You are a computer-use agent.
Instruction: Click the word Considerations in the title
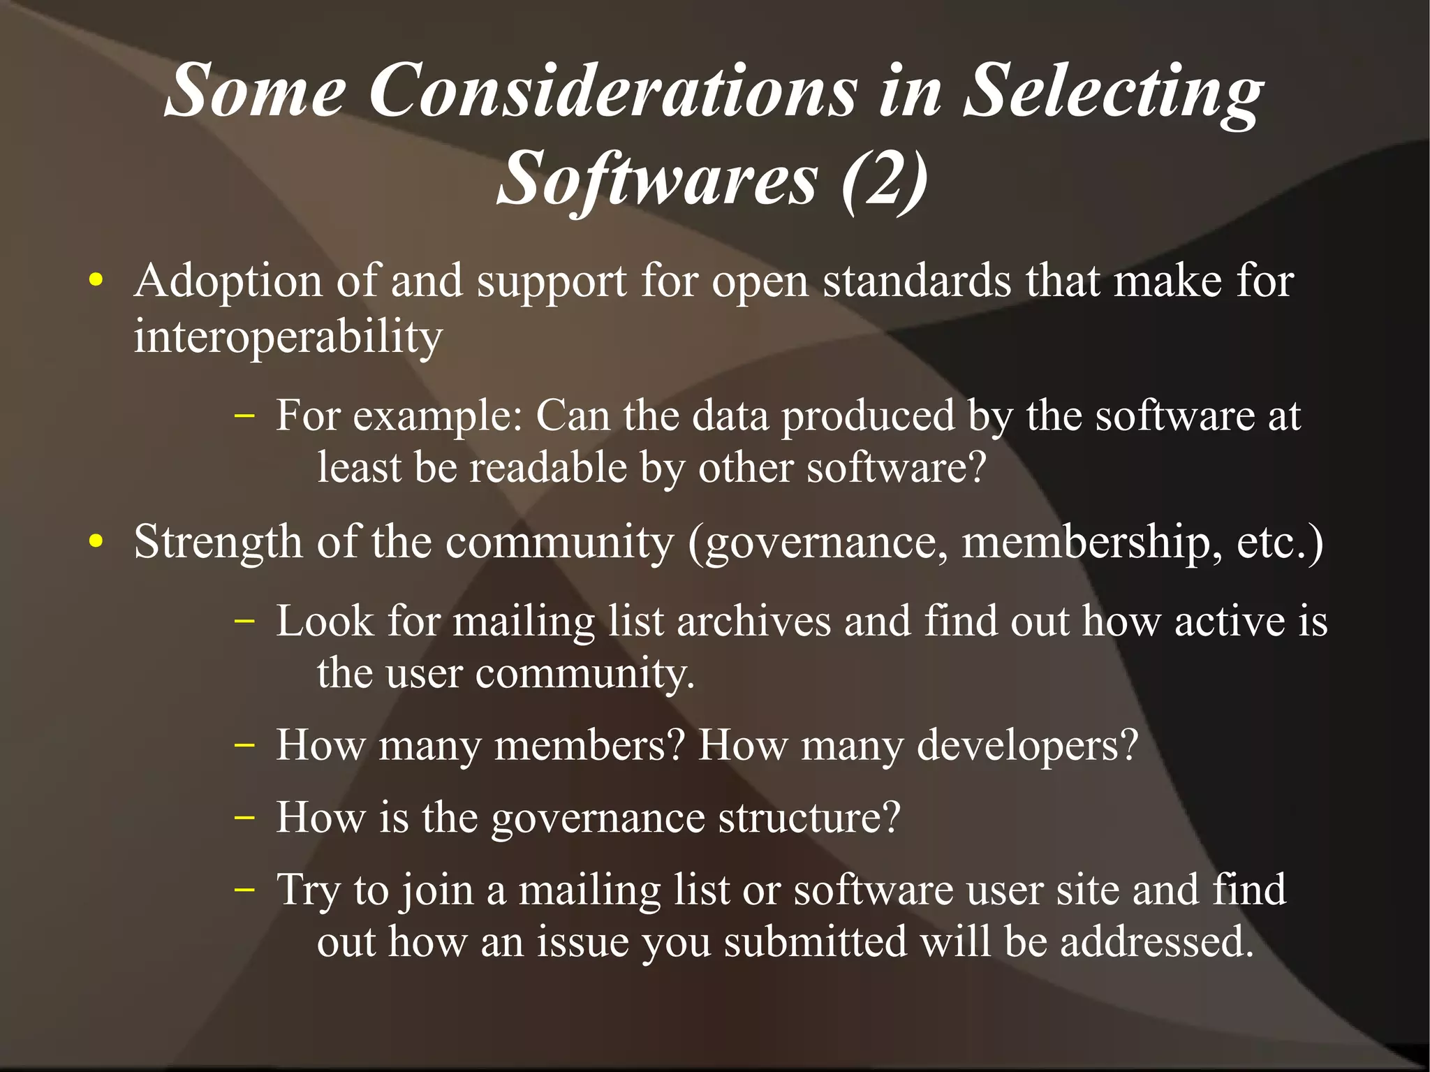coord(612,91)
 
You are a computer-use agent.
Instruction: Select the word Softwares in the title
coord(656,179)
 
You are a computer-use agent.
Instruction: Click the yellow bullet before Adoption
coord(96,281)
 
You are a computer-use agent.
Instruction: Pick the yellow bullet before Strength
coord(96,542)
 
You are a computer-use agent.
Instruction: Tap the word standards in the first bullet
coord(917,281)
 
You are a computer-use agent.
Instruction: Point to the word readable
coord(548,467)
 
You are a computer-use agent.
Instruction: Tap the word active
coord(1229,621)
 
